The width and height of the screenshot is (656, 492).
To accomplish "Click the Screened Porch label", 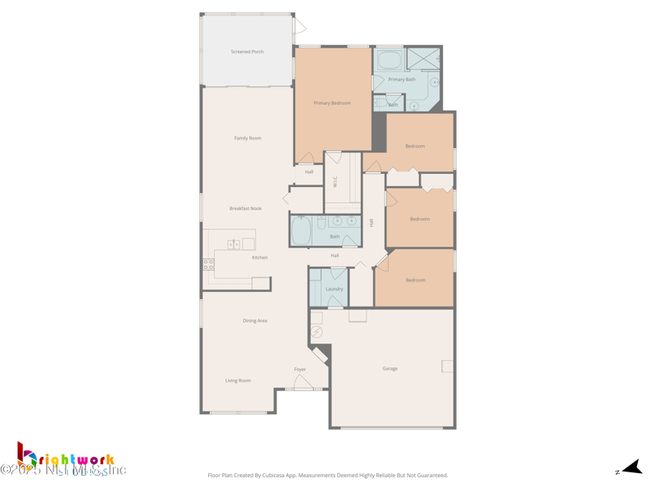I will [x=247, y=52].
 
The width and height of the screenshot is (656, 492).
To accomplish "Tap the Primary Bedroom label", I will [x=332, y=103].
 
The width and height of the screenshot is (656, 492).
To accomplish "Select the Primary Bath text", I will [x=402, y=80].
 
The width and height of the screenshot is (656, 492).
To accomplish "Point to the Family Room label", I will [x=248, y=138].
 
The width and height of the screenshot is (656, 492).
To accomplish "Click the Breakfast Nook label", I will [x=245, y=208].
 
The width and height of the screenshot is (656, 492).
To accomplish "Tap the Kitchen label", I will [x=260, y=257].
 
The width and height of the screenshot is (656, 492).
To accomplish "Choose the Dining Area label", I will [x=255, y=321].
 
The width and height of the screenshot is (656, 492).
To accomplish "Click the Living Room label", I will [x=238, y=380].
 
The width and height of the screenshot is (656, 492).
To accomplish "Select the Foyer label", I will [x=300, y=369].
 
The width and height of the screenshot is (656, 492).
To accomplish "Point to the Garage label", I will [x=390, y=368].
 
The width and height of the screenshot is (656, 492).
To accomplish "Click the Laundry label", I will [x=334, y=289].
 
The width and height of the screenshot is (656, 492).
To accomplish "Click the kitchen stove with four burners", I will [x=208, y=265].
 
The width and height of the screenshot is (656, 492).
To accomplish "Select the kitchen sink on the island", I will [x=234, y=244].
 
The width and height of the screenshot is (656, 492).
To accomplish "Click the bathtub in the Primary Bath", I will [x=389, y=59].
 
